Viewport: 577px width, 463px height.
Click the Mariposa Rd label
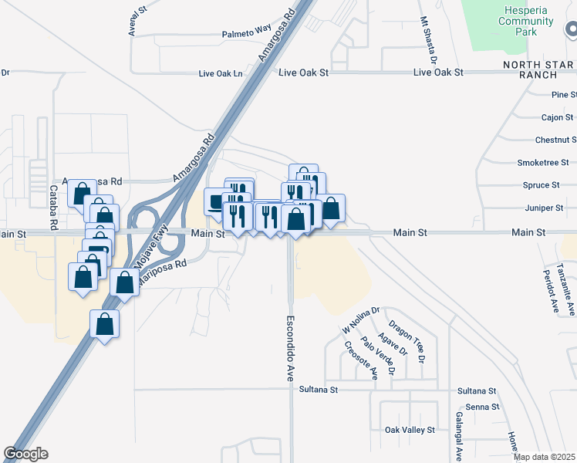click(164, 269)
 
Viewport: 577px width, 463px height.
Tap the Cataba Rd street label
click(54, 206)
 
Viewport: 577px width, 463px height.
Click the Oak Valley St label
click(410, 430)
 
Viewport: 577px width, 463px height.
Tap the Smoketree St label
click(543, 163)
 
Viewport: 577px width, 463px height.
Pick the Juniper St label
click(543, 208)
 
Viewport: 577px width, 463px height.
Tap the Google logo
click(25, 454)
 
